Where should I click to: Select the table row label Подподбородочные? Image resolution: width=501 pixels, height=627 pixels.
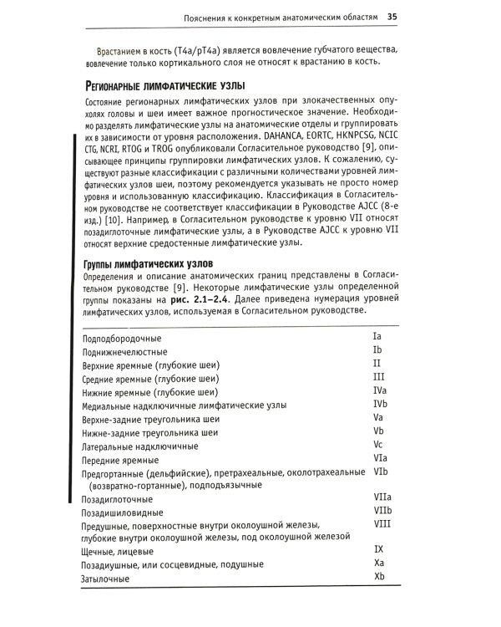click(122, 339)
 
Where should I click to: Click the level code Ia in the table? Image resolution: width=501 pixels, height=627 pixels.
click(377, 335)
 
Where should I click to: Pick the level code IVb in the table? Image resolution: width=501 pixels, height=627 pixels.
click(380, 404)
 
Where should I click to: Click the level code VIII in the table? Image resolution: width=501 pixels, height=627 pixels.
click(382, 523)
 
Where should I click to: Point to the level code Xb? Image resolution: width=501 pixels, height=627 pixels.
click(379, 577)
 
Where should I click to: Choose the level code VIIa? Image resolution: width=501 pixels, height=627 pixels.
click(382, 497)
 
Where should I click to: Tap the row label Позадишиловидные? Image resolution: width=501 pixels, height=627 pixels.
click(122, 512)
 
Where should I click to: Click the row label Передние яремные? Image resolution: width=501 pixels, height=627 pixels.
click(120, 461)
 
